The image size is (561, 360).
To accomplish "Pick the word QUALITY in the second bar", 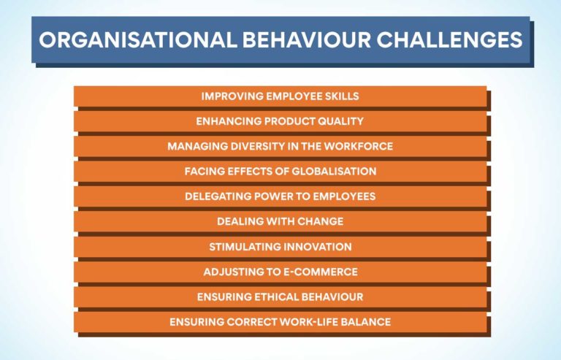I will click(340, 121).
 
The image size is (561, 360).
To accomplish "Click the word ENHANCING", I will click(226, 121).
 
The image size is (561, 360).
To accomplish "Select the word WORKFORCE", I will click(360, 146).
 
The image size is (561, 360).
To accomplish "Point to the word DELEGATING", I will click(218, 196).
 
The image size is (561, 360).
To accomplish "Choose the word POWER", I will click(277, 196).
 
